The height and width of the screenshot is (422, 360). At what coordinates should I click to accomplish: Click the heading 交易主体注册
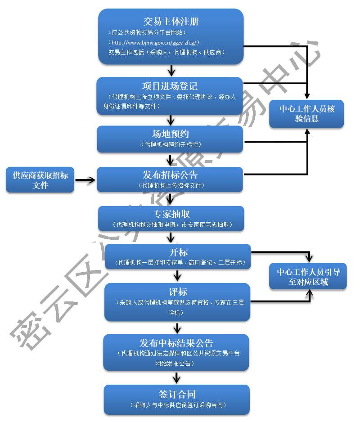click(171, 22)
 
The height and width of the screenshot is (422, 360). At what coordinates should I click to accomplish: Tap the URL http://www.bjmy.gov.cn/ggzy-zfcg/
click(155, 43)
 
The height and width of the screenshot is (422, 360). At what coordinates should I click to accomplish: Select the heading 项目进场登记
click(170, 86)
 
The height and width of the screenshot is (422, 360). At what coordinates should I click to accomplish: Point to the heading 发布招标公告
click(170, 175)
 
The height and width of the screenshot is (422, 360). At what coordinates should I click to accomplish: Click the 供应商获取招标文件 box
click(40, 180)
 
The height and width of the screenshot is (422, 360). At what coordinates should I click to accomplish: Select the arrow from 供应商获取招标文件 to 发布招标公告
click(85, 180)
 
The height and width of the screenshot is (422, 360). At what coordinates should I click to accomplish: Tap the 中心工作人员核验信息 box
click(307, 113)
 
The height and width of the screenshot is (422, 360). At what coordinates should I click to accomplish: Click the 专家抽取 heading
click(171, 214)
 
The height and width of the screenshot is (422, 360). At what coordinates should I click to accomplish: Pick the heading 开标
click(178, 252)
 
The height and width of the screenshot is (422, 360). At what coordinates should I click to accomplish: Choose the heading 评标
click(178, 292)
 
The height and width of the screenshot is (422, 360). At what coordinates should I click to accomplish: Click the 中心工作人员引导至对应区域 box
click(308, 276)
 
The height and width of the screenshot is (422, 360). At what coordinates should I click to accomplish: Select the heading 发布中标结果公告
click(176, 343)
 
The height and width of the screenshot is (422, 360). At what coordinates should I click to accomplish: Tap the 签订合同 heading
click(177, 395)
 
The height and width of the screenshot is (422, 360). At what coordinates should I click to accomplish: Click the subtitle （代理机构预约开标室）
click(170, 144)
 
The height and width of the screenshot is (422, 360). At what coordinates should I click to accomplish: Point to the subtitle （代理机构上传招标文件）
click(170, 185)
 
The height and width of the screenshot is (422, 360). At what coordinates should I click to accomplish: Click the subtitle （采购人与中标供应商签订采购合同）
click(177, 405)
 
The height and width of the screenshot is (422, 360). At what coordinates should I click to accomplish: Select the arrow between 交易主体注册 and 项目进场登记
click(171, 71)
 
